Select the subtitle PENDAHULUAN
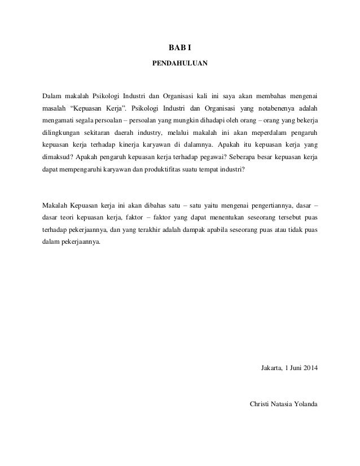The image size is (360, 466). [x=180, y=65]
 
